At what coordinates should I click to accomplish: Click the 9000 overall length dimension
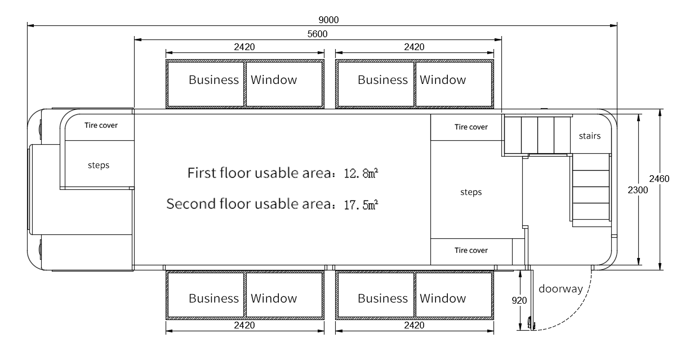(x=328, y=20)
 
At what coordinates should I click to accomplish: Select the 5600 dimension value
(x=317, y=34)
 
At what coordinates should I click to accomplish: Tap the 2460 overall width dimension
(x=659, y=179)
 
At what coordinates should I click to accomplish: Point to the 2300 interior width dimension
(x=638, y=190)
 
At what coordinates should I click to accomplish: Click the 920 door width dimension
(x=519, y=300)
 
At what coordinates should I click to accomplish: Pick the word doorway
(x=561, y=289)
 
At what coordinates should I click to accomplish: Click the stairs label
(x=590, y=136)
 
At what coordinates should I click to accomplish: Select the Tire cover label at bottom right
(x=471, y=250)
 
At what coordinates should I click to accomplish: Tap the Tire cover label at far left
(x=101, y=125)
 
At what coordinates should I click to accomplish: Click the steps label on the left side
(x=99, y=165)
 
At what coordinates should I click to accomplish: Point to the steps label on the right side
(x=471, y=192)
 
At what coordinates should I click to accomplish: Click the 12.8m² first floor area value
(x=361, y=173)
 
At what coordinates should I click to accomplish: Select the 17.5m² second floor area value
(x=361, y=205)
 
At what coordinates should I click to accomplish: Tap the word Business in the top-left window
(x=213, y=80)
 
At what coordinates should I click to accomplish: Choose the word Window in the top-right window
(x=443, y=80)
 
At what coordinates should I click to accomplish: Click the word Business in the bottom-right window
(x=382, y=298)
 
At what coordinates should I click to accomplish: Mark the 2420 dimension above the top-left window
(x=244, y=47)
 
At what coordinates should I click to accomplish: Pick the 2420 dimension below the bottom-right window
(x=414, y=325)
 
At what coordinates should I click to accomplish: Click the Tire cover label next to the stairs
(x=471, y=127)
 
